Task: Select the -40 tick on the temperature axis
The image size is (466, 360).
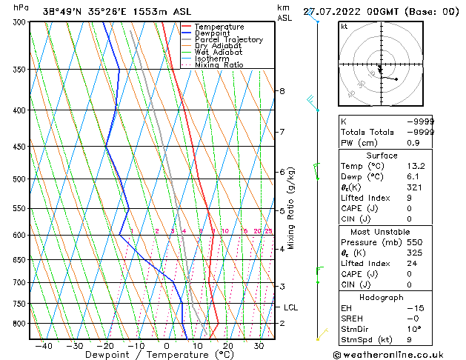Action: click(44, 345)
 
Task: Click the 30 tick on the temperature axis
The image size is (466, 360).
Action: click(259, 345)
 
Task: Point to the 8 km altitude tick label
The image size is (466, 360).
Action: click(282, 91)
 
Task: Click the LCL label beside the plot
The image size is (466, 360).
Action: click(290, 307)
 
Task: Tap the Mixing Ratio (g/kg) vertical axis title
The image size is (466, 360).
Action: click(291, 208)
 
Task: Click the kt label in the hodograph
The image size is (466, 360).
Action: click(344, 27)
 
